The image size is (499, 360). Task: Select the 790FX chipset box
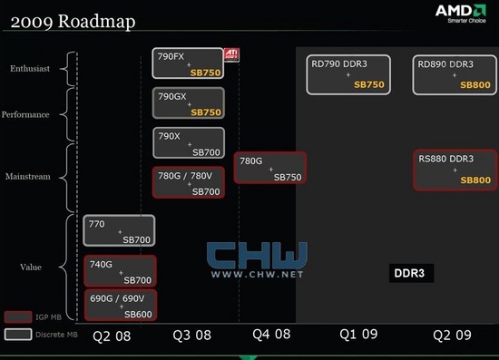[188, 63]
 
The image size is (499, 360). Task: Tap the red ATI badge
[232, 54]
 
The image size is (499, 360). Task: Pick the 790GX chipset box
[188, 102]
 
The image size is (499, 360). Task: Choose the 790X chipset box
[188, 143]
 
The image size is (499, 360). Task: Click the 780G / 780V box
[188, 182]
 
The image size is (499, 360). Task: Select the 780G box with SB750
[269, 168]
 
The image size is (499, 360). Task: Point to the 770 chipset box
[119, 230]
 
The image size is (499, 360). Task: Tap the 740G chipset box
[120, 271]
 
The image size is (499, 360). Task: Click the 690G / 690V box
[120, 305]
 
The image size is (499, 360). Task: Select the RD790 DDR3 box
[347, 74]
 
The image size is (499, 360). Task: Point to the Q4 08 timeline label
[271, 335]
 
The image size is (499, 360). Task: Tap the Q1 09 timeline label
[359, 335]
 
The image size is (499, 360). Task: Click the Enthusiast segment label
[31, 68]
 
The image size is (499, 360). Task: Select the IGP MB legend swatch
[17, 317]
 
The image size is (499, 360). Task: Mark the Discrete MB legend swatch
[17, 333]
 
